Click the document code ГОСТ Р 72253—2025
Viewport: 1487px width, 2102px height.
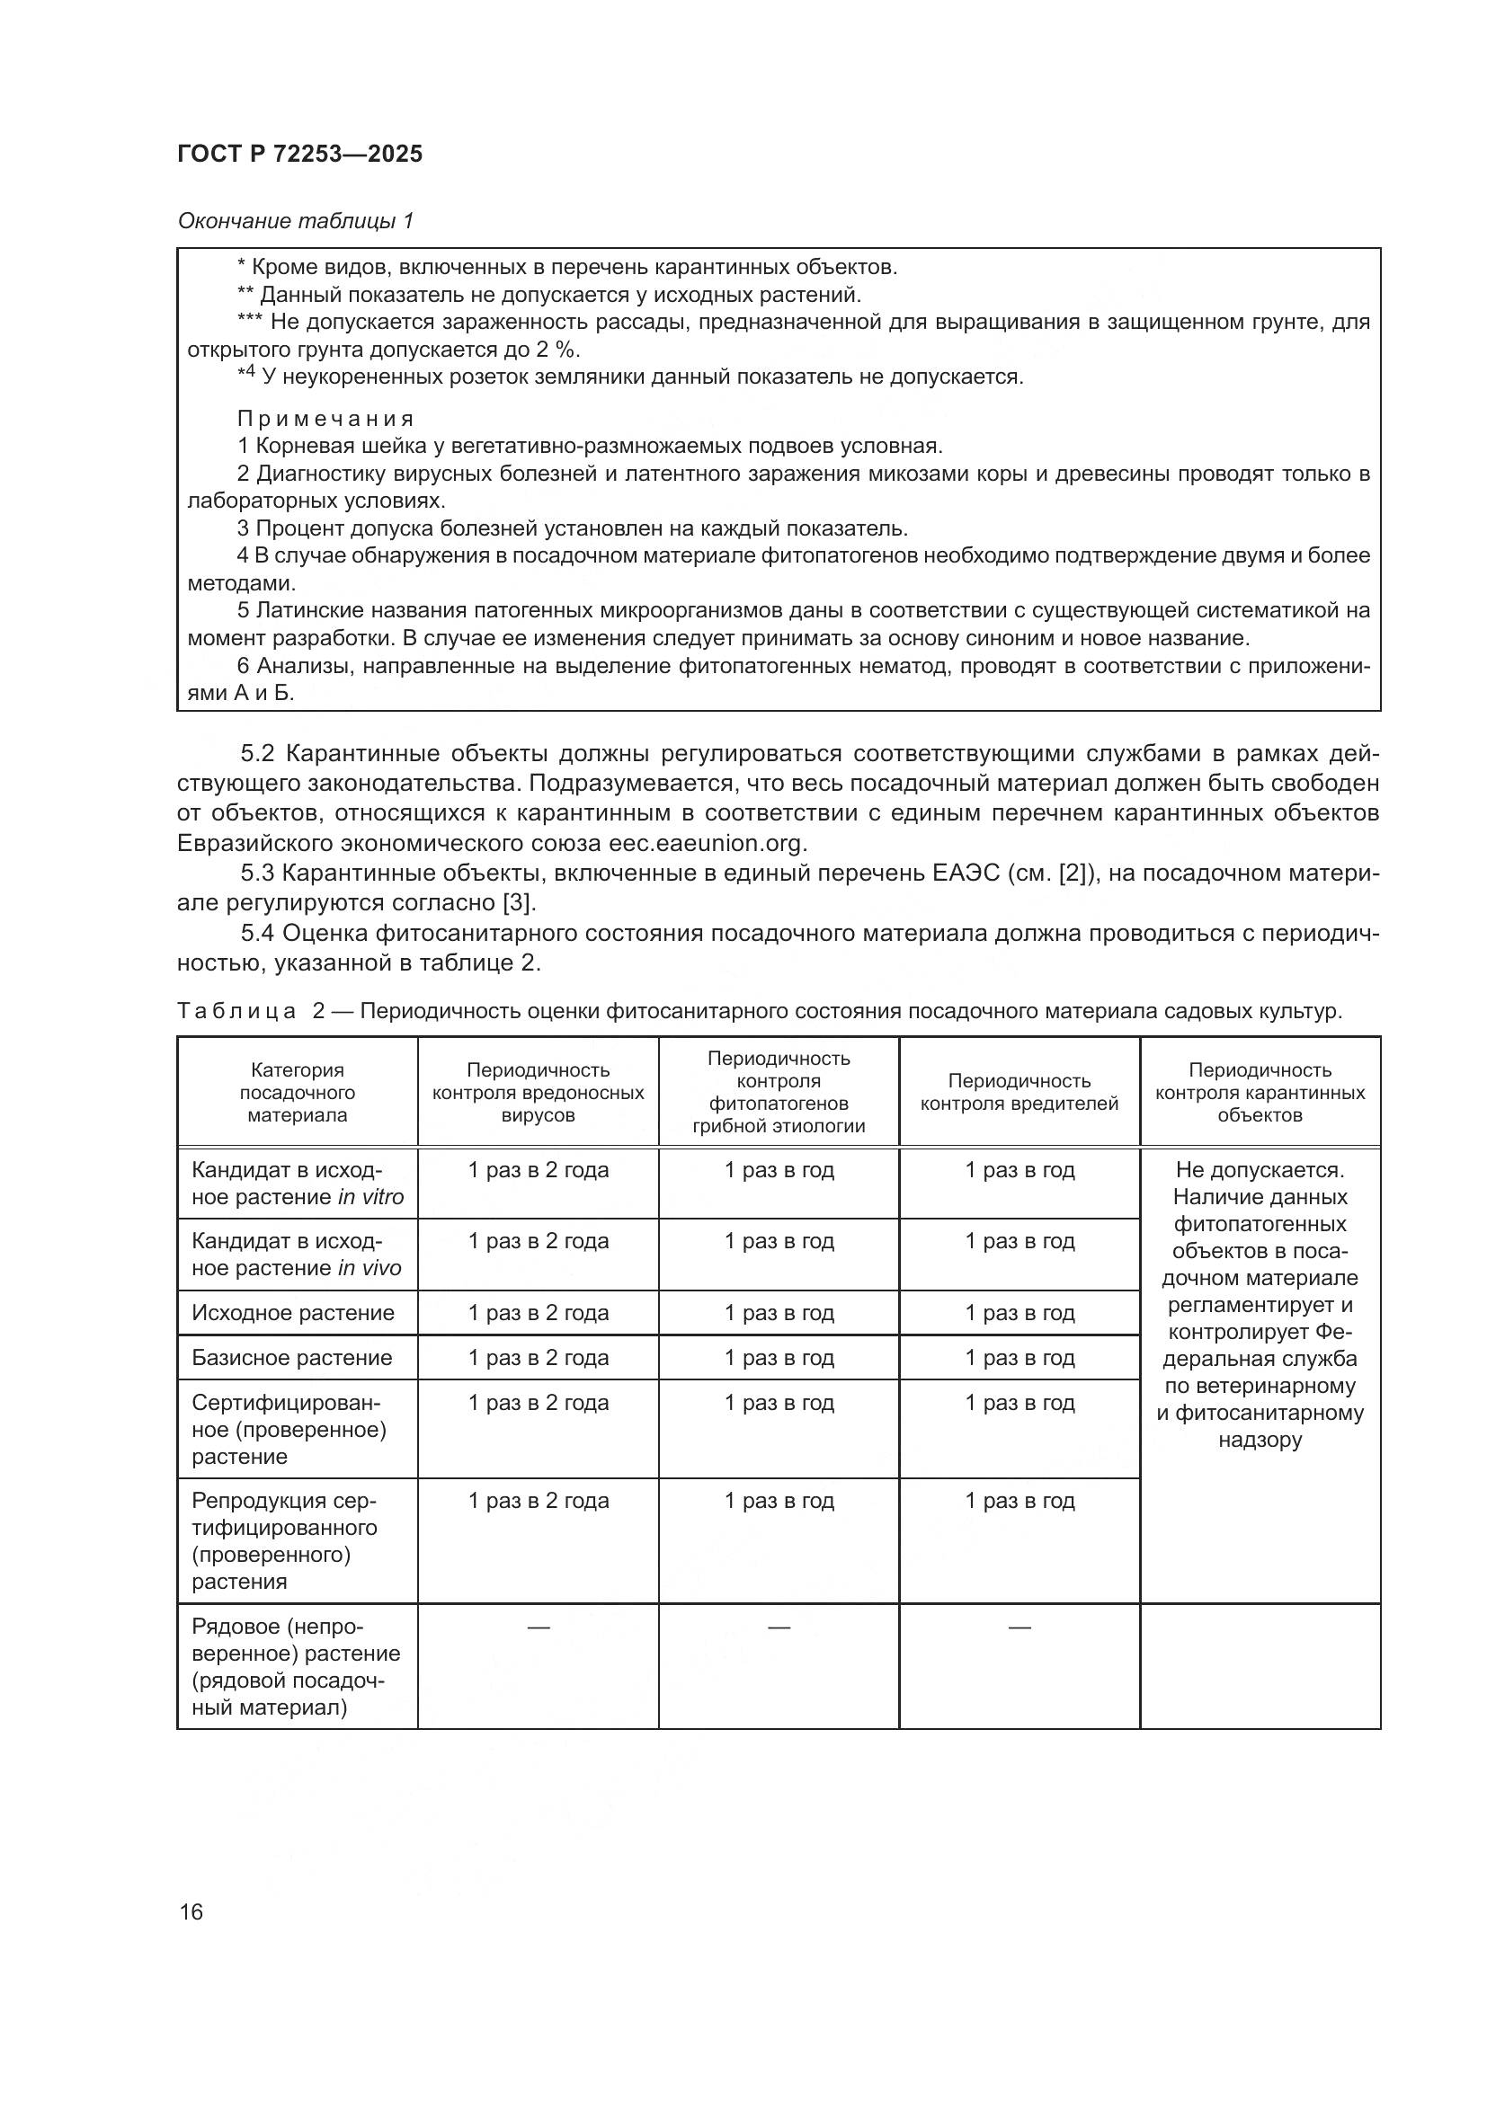point(299,154)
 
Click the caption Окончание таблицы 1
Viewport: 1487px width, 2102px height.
point(295,221)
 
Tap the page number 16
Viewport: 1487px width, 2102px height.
point(191,1911)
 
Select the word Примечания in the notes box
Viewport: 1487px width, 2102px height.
point(325,420)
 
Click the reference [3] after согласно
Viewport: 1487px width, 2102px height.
point(516,902)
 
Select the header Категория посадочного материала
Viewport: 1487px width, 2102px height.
point(297,1092)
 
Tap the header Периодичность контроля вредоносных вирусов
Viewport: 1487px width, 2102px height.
point(538,1092)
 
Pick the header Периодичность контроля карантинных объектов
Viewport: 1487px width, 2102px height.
point(1259,1092)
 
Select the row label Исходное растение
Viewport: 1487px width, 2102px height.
point(293,1313)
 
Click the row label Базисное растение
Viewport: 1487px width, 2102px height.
point(291,1358)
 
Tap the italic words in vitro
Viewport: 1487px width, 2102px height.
point(370,1197)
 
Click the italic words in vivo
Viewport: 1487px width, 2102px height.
point(369,1268)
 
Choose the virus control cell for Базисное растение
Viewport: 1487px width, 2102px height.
point(538,1358)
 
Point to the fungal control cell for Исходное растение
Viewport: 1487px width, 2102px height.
point(779,1313)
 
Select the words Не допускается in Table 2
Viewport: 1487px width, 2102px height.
point(1259,1170)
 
